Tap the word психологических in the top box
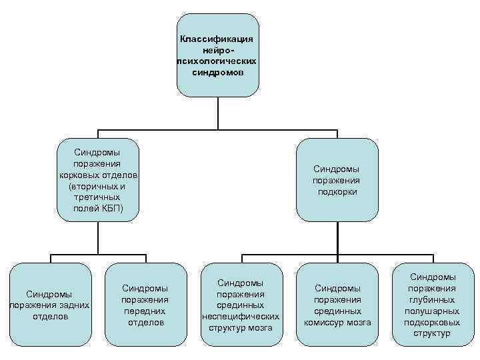tap(217, 61)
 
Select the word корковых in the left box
tap(79, 175)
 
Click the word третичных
tap(97, 197)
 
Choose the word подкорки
tap(337, 191)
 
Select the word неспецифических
tap(240, 316)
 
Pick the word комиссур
tap(325, 322)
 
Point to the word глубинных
tap(433, 299)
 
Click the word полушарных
tap(433, 311)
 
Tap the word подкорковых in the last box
tap(433, 322)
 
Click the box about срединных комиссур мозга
tap(337, 305)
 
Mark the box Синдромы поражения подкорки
tap(337, 180)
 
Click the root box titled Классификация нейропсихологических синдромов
tap(217, 55)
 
